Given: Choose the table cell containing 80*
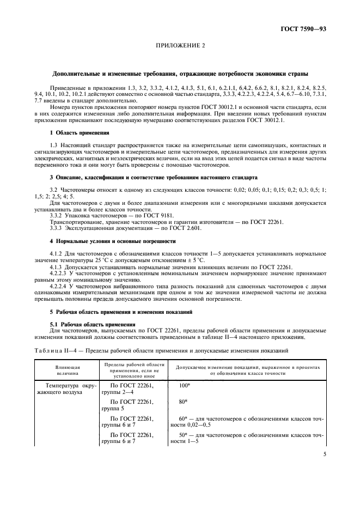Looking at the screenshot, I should (x=183, y=402).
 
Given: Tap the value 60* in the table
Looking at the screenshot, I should (x=183, y=418).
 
